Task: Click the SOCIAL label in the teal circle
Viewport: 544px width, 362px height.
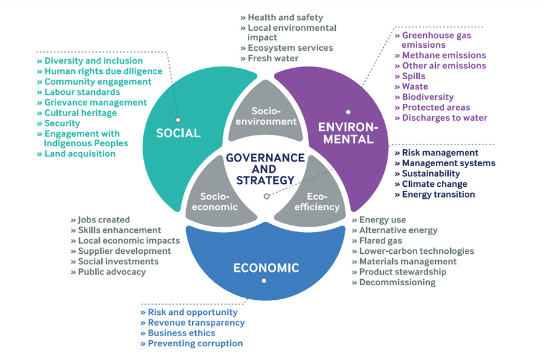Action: pos(178,133)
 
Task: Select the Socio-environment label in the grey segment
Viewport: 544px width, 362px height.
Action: pos(266,116)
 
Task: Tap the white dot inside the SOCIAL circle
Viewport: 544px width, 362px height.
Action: pos(178,120)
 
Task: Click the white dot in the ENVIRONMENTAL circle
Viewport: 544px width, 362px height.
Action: pos(349,112)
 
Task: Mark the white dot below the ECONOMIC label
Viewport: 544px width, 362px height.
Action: pos(264,281)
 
